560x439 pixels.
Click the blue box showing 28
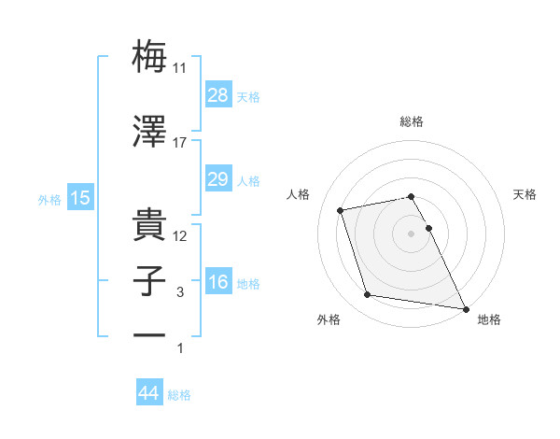pos(217,94)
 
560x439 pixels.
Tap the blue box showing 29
pos(217,179)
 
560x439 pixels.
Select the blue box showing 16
pos(217,282)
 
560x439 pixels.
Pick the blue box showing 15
pos(79,197)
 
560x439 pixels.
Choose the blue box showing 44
pos(149,393)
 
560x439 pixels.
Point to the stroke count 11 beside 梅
pos(180,68)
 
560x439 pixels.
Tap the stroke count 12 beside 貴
pos(180,236)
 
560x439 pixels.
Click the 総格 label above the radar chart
pos(412,121)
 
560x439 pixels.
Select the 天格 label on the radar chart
pos(525,194)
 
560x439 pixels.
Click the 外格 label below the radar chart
pos(328,319)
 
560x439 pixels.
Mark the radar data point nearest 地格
pos(465,307)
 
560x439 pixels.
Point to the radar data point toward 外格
pos(368,295)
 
